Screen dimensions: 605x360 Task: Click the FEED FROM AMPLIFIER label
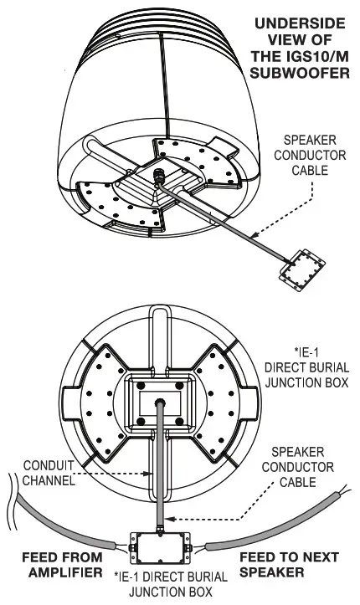63,565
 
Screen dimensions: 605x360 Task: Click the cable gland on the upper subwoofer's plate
157,176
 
